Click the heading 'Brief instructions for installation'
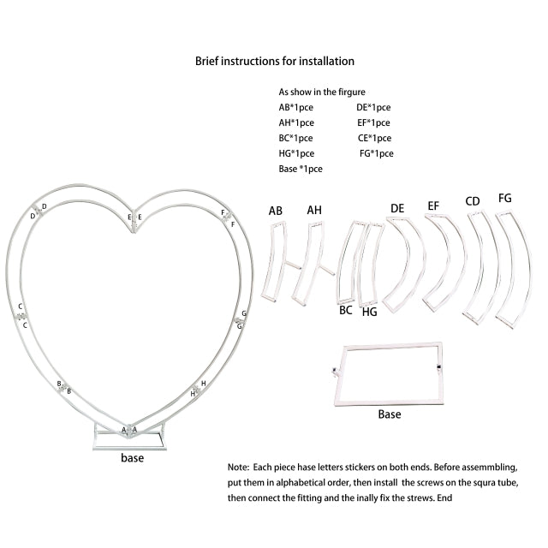pyautogui.click(x=274, y=61)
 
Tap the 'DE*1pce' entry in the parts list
pyautogui.click(x=373, y=107)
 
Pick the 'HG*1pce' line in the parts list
pyautogui.click(x=296, y=153)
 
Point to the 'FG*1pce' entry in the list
pyautogui.click(x=376, y=153)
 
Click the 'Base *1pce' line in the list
pyautogui.click(x=301, y=169)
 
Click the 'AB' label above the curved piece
pyautogui.click(x=275, y=210)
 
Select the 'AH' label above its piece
pyautogui.click(x=314, y=210)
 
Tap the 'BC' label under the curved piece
pyautogui.click(x=346, y=311)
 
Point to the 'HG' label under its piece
pyautogui.click(x=369, y=313)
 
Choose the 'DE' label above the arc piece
pyautogui.click(x=397, y=208)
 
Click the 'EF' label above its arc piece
pyautogui.click(x=433, y=205)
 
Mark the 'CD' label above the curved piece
pyautogui.click(x=472, y=201)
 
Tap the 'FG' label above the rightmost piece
pyautogui.click(x=504, y=198)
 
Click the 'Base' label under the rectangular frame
pyautogui.click(x=389, y=414)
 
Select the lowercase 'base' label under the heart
pyautogui.click(x=132, y=458)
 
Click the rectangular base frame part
pyautogui.click(x=391, y=373)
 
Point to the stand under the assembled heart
pyautogui.click(x=129, y=440)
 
